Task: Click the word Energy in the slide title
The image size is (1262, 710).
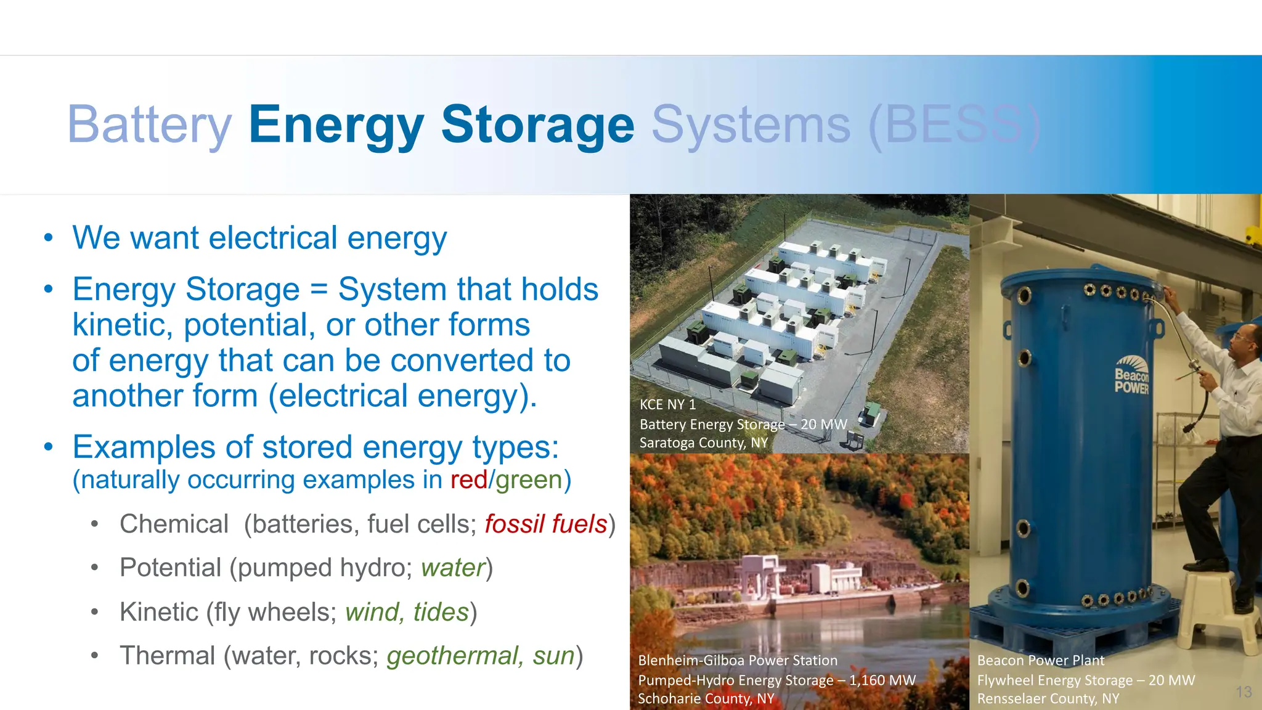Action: point(336,125)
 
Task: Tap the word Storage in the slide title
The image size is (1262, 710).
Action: point(537,125)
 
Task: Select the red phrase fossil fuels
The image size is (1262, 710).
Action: point(546,524)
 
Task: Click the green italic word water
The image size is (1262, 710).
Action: point(453,568)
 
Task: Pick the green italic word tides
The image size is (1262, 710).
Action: point(441,612)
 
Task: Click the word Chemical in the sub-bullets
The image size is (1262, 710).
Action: point(174,524)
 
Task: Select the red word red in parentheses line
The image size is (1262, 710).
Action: point(468,480)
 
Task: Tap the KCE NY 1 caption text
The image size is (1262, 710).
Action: point(667,405)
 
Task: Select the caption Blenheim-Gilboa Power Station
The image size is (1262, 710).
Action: point(738,661)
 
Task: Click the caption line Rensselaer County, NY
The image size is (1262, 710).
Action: point(1048,699)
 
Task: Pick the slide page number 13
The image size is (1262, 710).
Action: point(1244,692)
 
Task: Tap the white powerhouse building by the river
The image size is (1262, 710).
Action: point(764,576)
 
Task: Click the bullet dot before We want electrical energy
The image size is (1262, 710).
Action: point(49,239)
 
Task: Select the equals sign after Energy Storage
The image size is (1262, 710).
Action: point(319,290)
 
